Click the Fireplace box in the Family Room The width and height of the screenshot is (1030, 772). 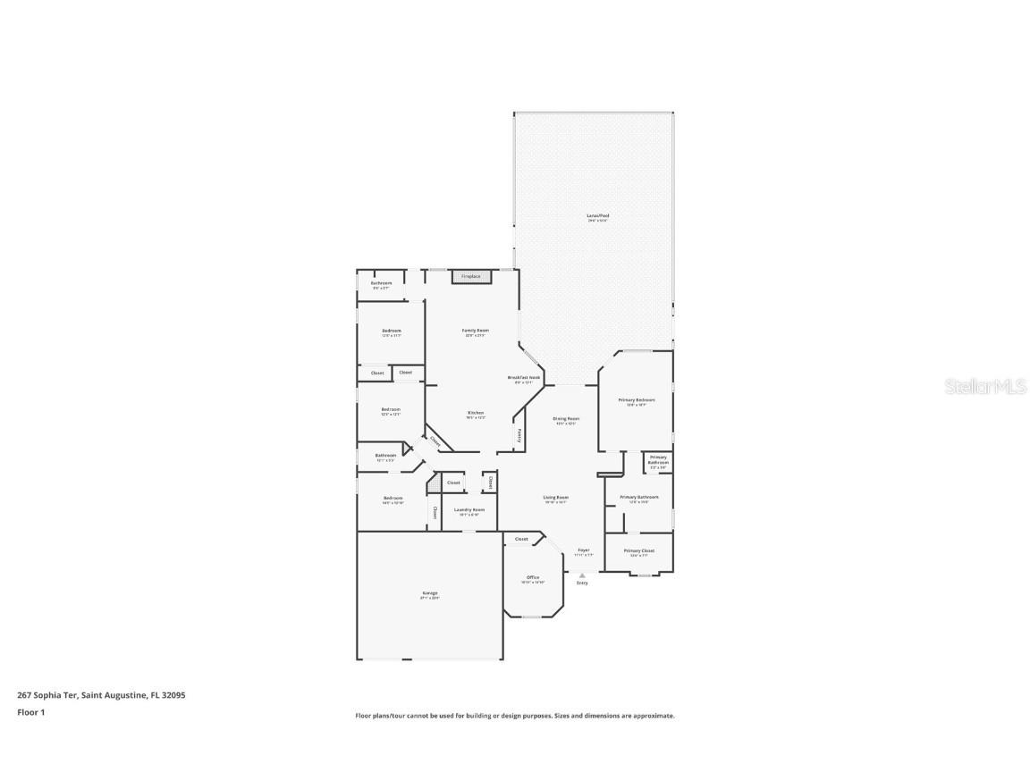point(471,277)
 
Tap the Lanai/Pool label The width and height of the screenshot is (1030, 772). point(598,216)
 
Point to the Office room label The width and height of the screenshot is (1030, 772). point(533,577)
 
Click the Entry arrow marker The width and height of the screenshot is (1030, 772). point(582,575)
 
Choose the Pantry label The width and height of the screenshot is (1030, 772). point(520,435)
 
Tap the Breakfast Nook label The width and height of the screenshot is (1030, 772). point(524,378)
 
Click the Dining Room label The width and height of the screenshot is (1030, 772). point(566,418)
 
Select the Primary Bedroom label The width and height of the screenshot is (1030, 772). point(637,400)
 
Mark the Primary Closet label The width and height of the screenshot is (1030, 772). point(639,550)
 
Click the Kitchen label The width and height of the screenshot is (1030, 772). point(476,413)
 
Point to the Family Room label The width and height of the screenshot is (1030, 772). point(476,331)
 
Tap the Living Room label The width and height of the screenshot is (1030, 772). point(556,498)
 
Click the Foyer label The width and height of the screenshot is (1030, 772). point(583,550)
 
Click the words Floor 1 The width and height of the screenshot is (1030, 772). point(31,712)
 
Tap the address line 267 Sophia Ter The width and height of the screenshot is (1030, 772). point(101,694)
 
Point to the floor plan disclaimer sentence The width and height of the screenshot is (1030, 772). point(515,716)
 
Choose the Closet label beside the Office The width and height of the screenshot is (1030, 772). point(521,539)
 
